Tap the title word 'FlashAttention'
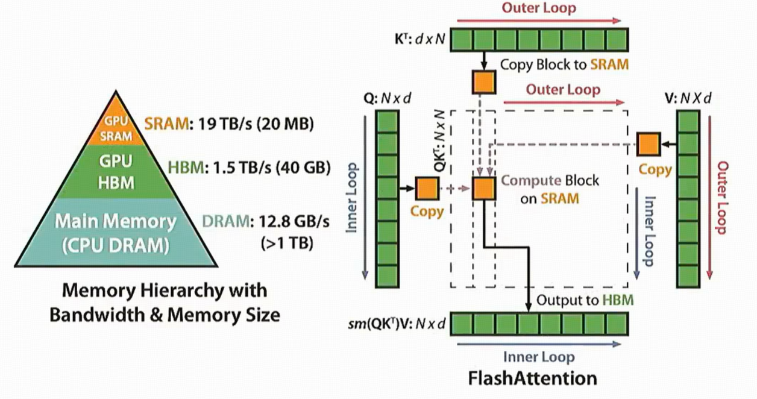tap(532, 379)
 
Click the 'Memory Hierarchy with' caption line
tap(165, 291)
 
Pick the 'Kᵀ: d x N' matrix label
tap(417, 41)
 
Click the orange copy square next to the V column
tap(648, 145)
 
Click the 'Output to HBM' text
tap(585, 300)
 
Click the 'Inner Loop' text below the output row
tap(538, 357)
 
